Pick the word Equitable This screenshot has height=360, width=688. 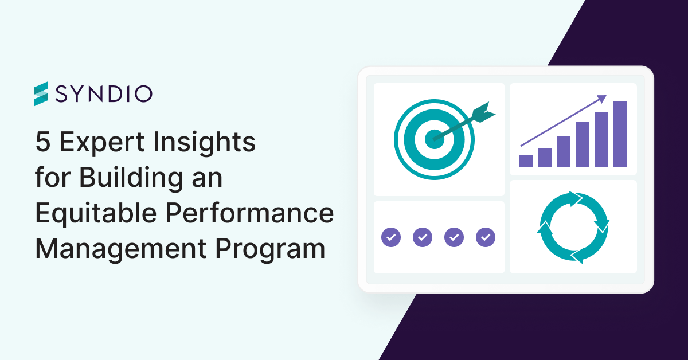pos(95,213)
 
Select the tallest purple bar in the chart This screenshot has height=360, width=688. pos(620,134)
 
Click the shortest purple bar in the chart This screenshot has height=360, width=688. pos(526,161)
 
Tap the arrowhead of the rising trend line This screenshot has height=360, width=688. pos(601,99)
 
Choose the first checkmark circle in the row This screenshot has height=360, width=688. pos(391,236)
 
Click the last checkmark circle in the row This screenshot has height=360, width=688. pos(486,236)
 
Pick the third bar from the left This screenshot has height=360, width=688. pos(564,151)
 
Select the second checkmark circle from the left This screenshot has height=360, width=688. pos(423,236)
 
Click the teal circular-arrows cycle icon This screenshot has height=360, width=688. pos(573,227)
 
